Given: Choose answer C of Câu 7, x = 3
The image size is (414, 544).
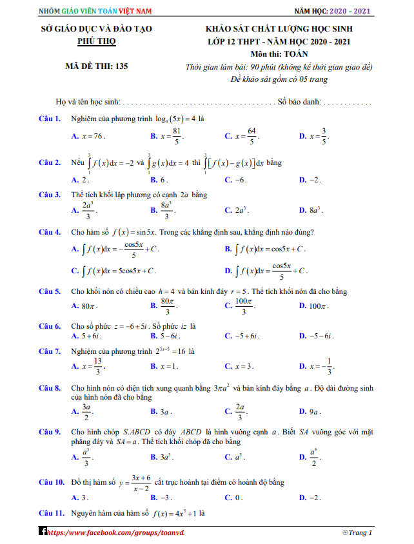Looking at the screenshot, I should pyautogui.click(x=239, y=367).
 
